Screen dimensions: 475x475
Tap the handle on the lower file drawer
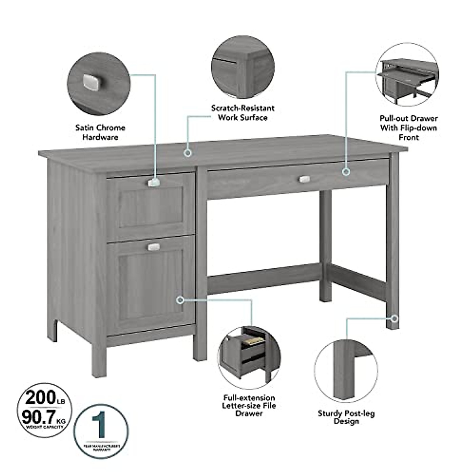click(154, 247)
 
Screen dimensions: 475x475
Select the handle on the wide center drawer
click(304, 179)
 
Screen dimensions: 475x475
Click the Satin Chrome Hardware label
click(100, 132)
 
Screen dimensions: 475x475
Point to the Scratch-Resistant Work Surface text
click(242, 113)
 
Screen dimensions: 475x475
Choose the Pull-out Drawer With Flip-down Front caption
click(408, 127)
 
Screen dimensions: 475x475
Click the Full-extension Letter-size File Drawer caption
click(249, 405)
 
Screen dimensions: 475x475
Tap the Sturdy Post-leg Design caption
click(346, 417)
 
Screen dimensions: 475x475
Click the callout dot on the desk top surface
click(188, 152)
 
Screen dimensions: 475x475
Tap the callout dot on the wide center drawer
click(346, 171)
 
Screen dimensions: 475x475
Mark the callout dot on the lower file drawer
click(180, 300)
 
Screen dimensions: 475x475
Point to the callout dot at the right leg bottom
click(395, 318)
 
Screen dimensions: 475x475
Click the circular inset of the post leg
click(346, 371)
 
